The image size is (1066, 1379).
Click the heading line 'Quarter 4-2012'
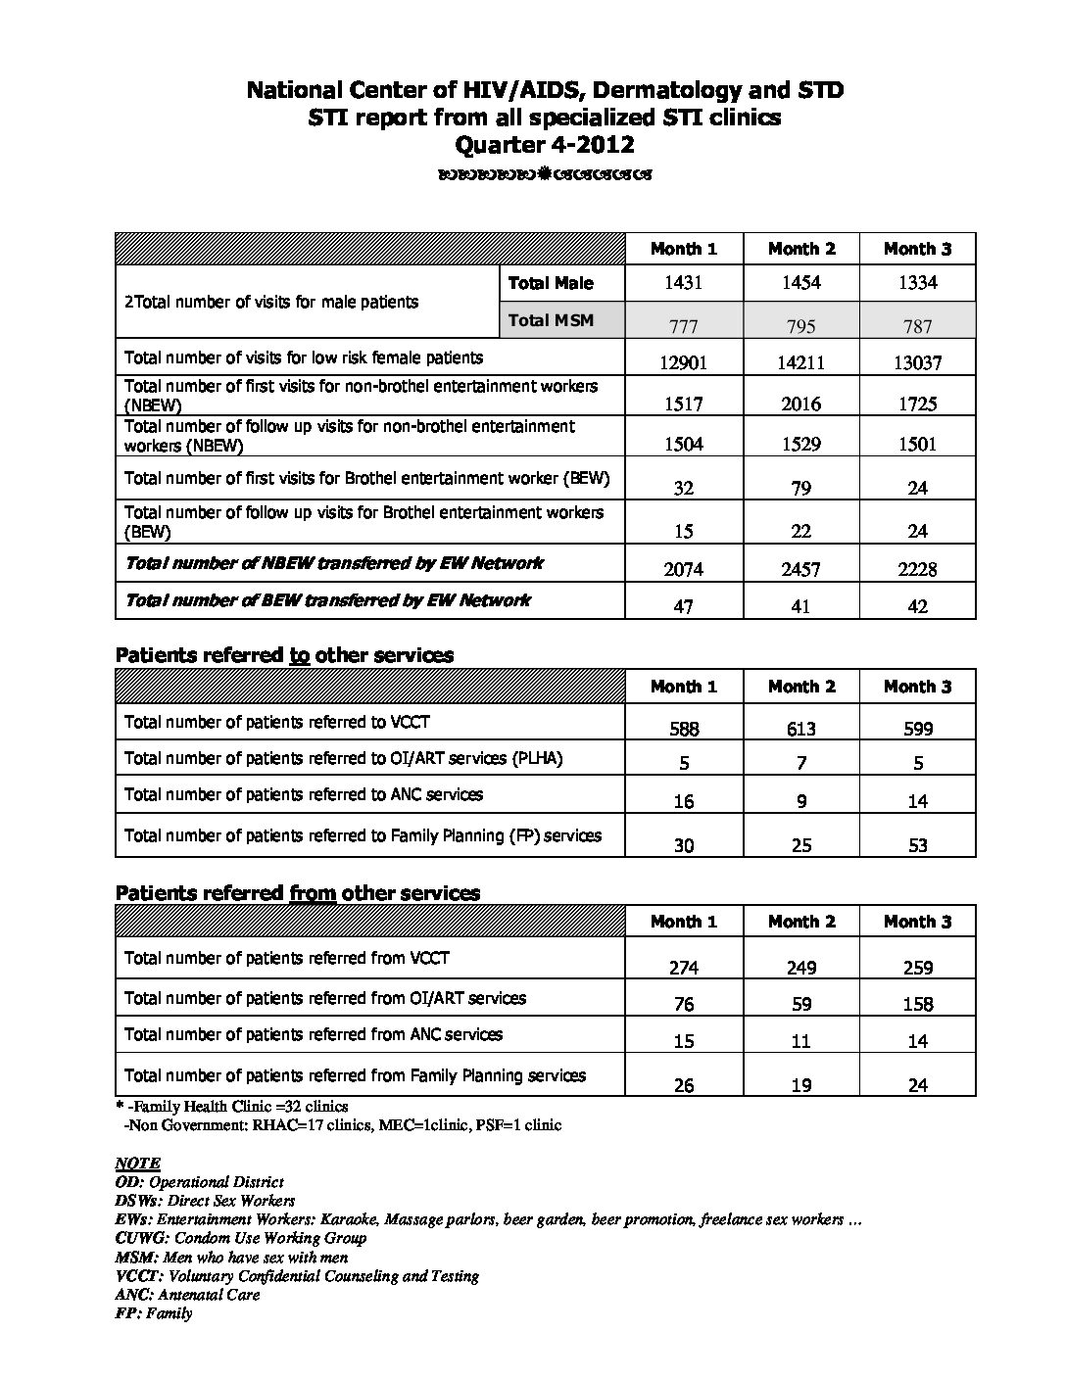[545, 145]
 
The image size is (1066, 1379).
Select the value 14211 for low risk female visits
[801, 362]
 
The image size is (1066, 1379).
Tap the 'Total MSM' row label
[551, 320]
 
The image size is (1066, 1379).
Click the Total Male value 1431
[684, 283]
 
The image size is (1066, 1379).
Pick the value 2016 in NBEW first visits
[801, 404]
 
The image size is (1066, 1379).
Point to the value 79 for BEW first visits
[801, 488]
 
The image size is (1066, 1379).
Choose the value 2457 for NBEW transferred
[801, 569]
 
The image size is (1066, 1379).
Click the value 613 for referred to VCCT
[801, 729]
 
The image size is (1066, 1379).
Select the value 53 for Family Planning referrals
[918, 845]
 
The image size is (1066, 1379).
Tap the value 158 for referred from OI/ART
[918, 1004]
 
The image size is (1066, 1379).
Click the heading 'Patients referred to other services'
[284, 655]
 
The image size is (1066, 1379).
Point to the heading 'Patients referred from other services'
[298, 893]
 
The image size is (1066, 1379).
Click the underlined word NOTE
[137, 1164]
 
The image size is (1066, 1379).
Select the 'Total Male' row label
[551, 283]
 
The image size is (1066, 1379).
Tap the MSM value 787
[918, 326]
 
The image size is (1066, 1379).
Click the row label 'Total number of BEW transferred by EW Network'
[327, 600]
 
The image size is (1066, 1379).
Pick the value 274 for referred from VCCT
[684, 968]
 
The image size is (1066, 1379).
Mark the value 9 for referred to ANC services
[801, 801]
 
